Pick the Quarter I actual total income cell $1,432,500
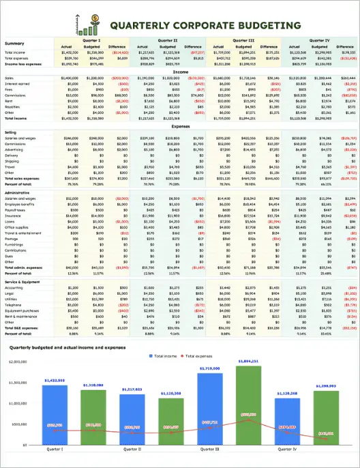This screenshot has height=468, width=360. [x=71, y=52]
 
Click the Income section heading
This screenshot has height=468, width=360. [x=181, y=71]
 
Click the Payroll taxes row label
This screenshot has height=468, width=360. [x=16, y=229]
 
